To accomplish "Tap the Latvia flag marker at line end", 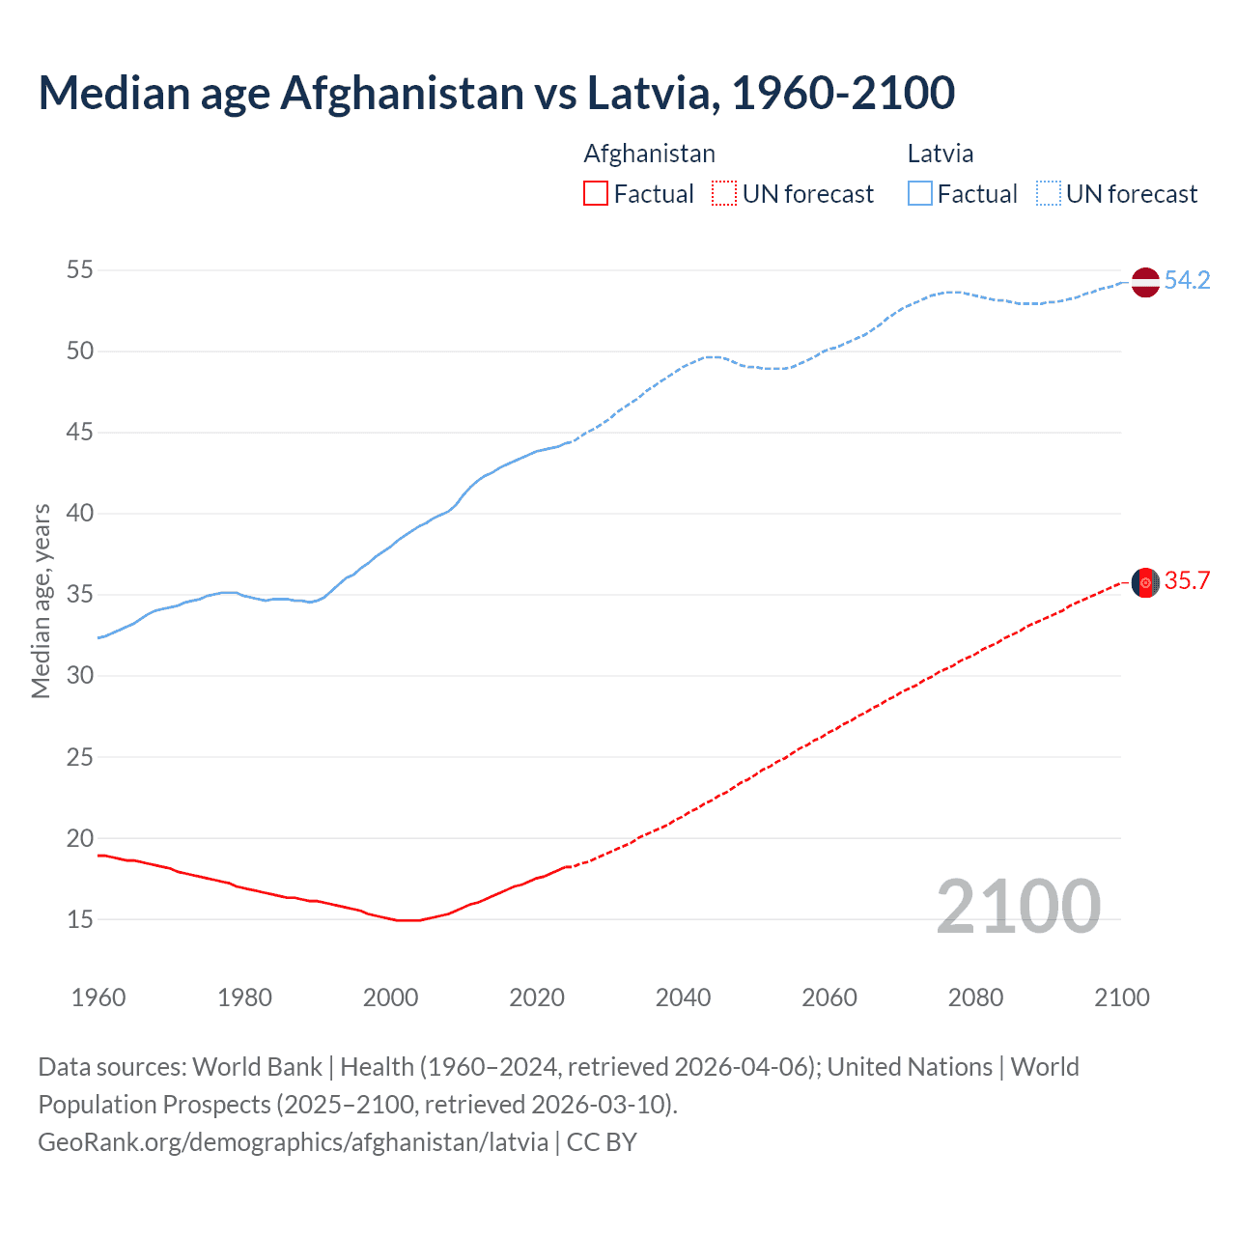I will point(1145,282).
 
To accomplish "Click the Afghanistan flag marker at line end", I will point(1145,582).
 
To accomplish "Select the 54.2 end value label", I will point(1187,281).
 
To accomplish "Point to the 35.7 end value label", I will point(1187,581).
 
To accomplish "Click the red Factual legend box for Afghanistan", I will point(596,194).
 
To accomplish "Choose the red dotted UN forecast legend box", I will point(724,194).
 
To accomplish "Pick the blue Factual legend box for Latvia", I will point(920,194).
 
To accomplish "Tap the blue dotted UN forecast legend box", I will point(1049,194).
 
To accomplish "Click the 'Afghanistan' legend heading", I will point(649,154).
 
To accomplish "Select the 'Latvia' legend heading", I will point(940,154).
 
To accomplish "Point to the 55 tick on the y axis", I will point(80,270).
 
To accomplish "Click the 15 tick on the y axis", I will point(80,920).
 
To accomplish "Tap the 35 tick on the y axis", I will point(80,595).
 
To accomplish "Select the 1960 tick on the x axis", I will point(98,997).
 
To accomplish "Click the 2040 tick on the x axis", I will point(683,997).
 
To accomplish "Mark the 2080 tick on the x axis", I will point(975,997).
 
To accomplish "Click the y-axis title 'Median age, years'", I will point(41,601).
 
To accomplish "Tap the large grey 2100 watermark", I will point(1018,907).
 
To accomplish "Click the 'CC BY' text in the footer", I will point(602,1142).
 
